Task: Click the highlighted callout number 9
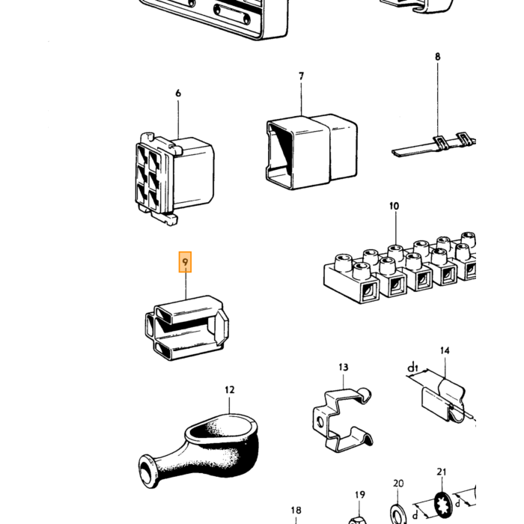185,262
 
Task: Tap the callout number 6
178,94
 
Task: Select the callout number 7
301,76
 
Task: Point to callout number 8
437,57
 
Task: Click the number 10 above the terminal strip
394,206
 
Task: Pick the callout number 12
230,390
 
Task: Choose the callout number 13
343,368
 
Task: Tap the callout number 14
445,350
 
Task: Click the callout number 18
296,511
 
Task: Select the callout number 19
359,495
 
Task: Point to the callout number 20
398,484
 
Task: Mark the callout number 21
442,472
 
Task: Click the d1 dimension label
412,368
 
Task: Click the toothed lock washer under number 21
443,505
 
